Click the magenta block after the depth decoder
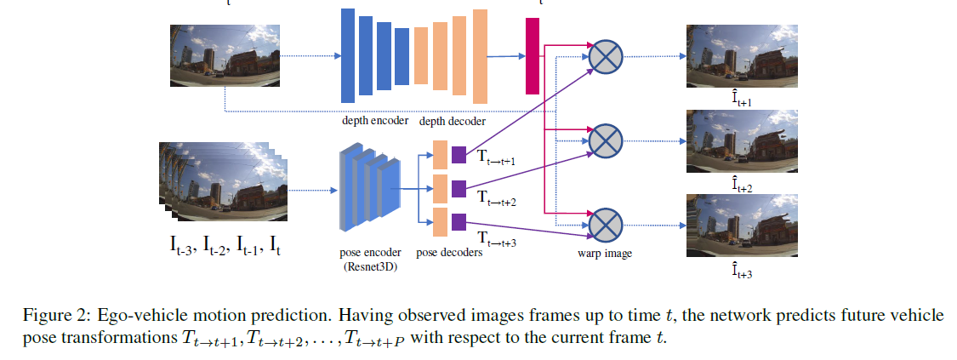pyautogui.click(x=533, y=56)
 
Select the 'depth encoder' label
pyautogui.click(x=375, y=121)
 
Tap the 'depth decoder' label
pyautogui.click(x=453, y=121)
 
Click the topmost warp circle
pyautogui.click(x=606, y=57)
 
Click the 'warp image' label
pyautogui.click(x=604, y=253)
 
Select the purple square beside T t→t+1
pyautogui.click(x=459, y=155)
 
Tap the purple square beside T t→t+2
pyautogui.click(x=459, y=189)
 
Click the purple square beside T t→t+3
pyautogui.click(x=459, y=222)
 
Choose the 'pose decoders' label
pyautogui.click(x=449, y=252)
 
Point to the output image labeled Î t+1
pyautogui.click(x=742, y=56)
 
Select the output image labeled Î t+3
pyautogui.click(x=742, y=226)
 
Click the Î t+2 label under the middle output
pyautogui.click(x=742, y=185)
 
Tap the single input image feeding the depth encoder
pyautogui.click(x=225, y=55)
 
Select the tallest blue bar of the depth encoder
pyautogui.click(x=348, y=55)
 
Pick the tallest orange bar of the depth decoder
pyautogui.click(x=481, y=56)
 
